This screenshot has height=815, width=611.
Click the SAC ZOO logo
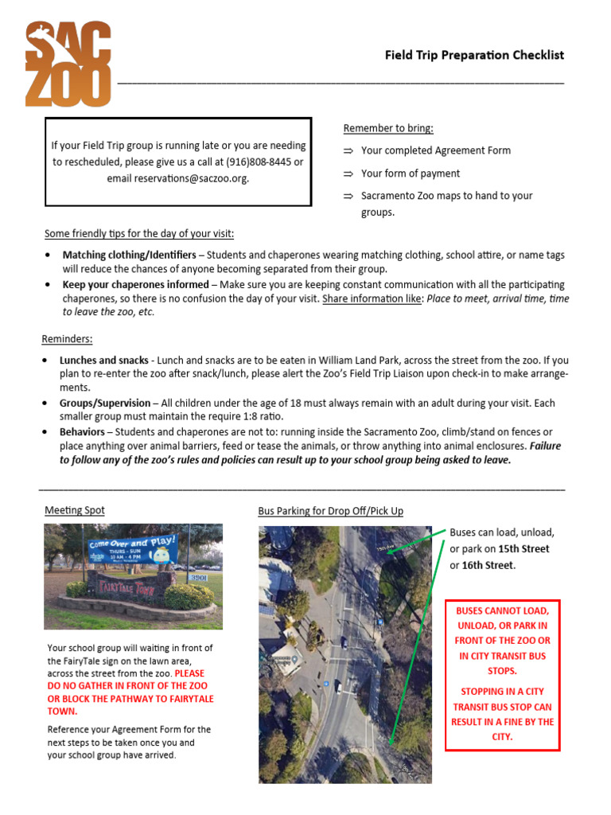(x=68, y=64)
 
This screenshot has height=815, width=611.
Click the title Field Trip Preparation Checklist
(x=474, y=55)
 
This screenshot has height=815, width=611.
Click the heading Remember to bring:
(x=388, y=128)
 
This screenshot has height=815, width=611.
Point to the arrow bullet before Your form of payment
(x=348, y=174)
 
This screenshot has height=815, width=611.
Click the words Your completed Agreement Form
(x=435, y=150)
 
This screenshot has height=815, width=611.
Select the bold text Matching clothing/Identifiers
(x=129, y=255)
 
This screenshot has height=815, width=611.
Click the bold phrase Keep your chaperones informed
(x=135, y=284)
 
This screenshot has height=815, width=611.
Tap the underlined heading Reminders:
(x=67, y=338)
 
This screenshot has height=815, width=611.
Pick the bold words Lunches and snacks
(x=103, y=361)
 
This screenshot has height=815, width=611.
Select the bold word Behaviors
(x=82, y=431)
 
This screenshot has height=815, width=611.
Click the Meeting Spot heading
(x=74, y=510)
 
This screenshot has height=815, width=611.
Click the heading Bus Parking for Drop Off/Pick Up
(x=330, y=511)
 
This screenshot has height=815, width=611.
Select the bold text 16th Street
(x=488, y=565)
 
